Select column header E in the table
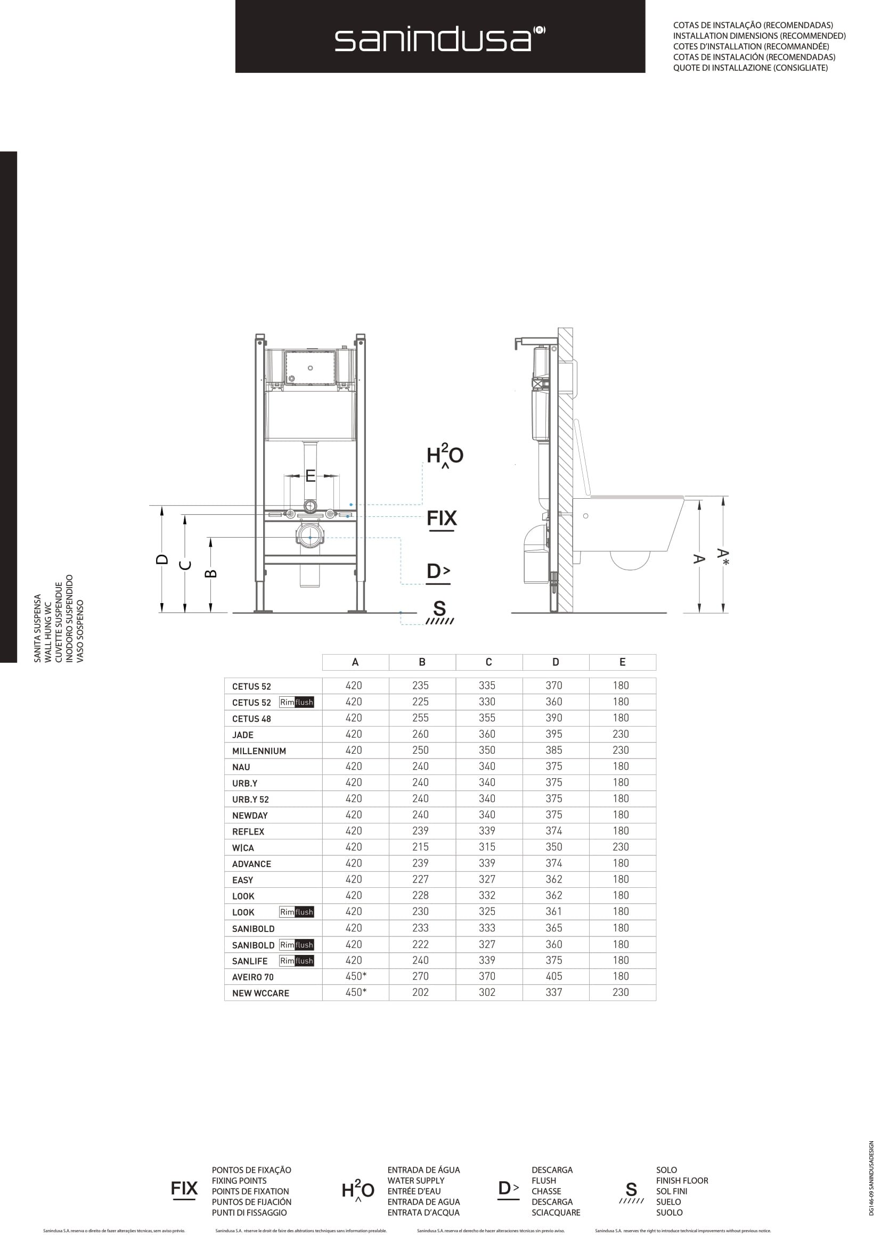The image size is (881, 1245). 622,662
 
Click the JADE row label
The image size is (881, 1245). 242,735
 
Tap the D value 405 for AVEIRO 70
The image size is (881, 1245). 554,976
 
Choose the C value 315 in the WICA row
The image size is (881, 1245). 487,847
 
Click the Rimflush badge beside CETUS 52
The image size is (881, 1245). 296,702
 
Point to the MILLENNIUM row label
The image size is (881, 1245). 259,751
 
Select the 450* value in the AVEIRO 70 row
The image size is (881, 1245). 356,976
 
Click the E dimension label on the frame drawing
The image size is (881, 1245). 311,475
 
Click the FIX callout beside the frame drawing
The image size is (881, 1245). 442,518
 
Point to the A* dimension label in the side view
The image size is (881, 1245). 723,556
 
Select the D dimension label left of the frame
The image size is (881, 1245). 162,559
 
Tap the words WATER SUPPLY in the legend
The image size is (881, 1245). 415,1181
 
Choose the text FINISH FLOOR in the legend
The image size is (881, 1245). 682,1181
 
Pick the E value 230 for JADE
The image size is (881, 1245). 621,734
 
